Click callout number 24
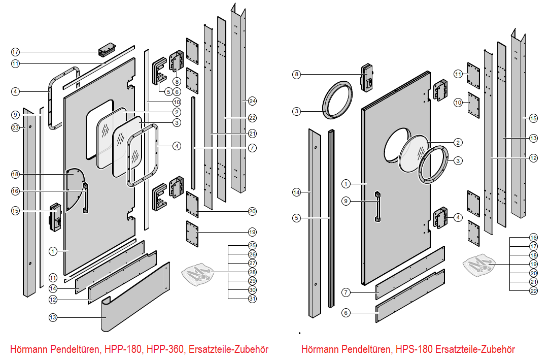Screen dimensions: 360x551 point(252,101)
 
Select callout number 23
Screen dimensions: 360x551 point(15,127)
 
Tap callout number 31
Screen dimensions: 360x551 point(252,299)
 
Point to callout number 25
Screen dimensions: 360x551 point(252,245)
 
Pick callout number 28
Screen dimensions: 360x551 point(252,272)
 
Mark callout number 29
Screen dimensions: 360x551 point(252,281)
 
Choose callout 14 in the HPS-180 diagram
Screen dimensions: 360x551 point(297,192)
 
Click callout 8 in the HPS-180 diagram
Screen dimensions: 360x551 point(297,74)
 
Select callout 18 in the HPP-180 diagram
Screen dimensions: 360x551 point(15,174)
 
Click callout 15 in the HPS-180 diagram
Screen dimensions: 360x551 point(533,118)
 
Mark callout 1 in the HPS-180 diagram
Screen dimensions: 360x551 point(346,183)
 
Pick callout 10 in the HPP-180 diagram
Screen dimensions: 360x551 point(177,101)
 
